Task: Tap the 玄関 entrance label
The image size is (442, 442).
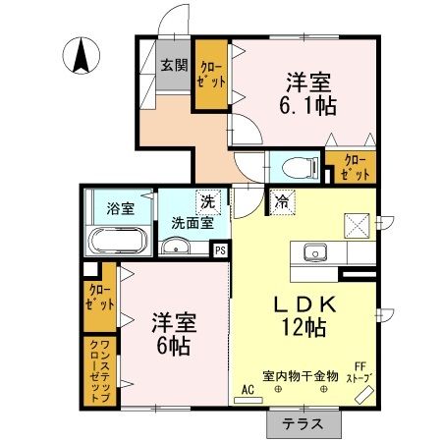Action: coord(175,67)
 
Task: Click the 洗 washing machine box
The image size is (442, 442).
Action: coord(207,201)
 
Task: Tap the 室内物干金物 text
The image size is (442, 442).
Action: coord(300,375)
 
